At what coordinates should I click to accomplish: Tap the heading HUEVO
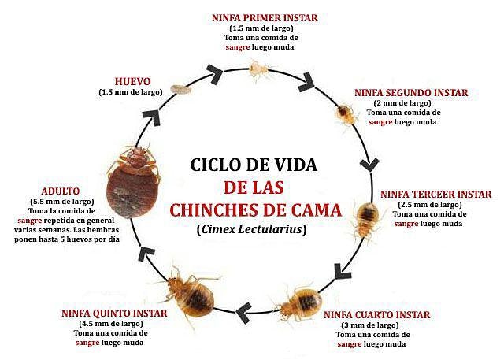tap(133, 80)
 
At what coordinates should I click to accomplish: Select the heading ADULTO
tap(61, 191)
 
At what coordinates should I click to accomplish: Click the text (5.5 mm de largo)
tap(61, 201)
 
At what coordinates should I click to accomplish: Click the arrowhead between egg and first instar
tap(215, 73)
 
